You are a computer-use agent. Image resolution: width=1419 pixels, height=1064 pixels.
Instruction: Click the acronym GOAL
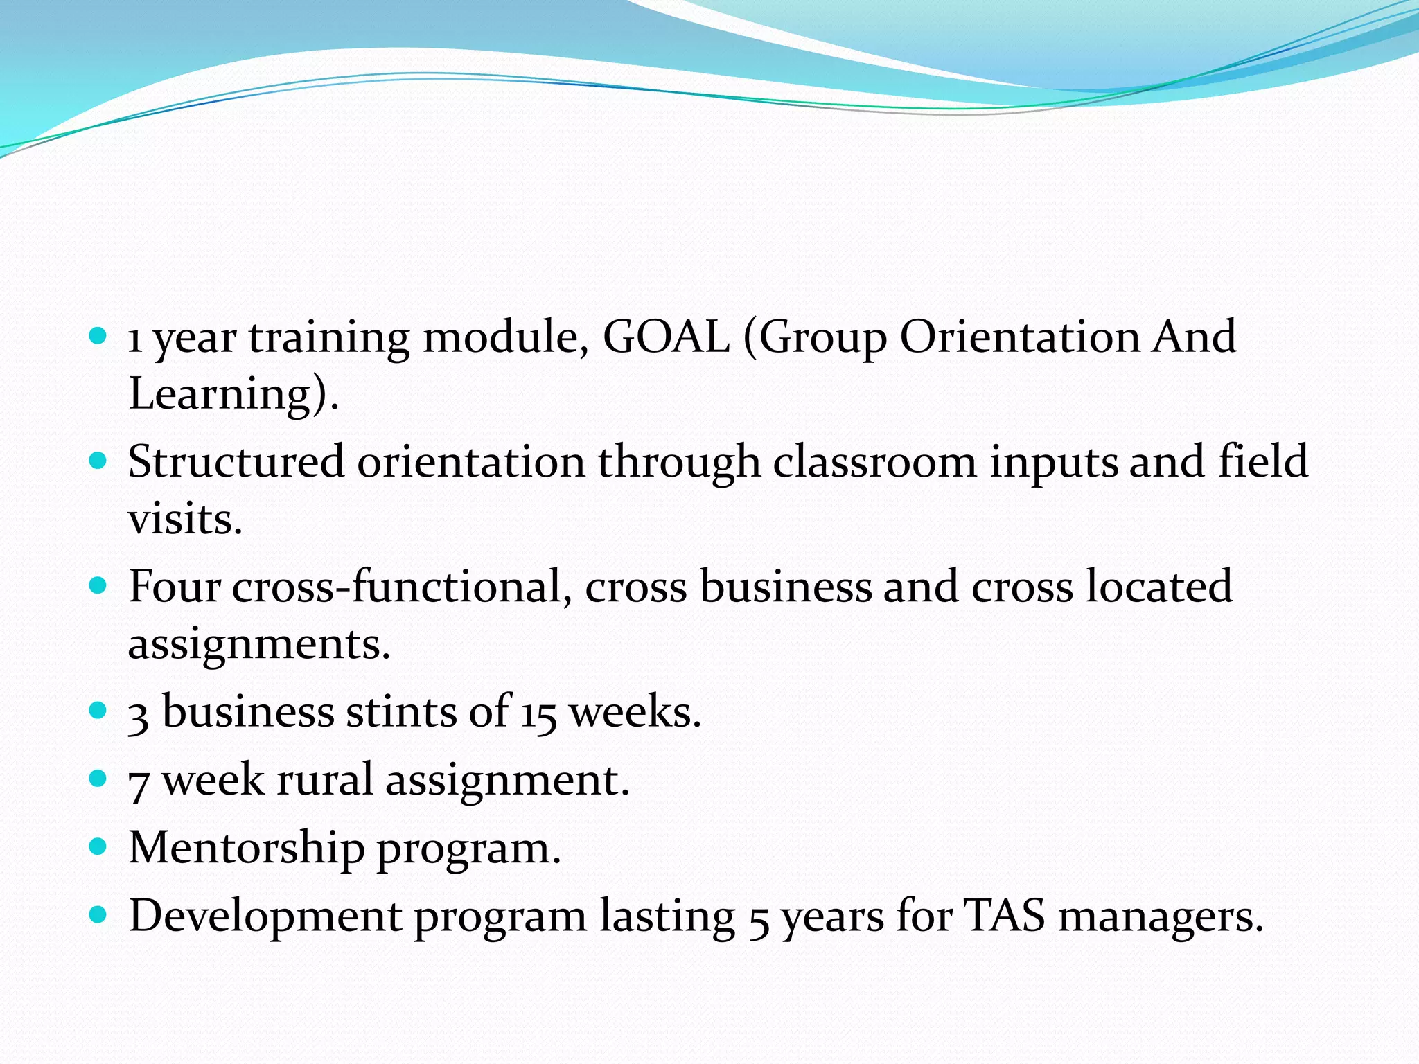pos(666,337)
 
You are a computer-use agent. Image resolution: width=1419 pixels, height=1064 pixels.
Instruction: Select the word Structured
pos(236,462)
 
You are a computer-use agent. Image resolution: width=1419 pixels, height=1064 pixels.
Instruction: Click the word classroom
pos(874,462)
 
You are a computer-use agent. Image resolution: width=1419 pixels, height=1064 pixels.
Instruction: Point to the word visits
pos(185,519)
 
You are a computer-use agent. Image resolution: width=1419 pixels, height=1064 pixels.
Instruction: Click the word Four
pos(175,587)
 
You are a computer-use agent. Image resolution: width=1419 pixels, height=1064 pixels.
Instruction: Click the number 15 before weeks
pos(538,713)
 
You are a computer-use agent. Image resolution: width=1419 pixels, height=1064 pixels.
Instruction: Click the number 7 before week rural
pos(139,783)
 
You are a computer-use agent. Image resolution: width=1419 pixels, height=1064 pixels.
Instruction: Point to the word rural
pos(324,780)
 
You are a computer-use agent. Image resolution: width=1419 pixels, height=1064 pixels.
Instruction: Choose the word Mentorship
pos(247,848)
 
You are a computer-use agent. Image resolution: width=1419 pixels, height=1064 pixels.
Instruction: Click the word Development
pos(265,916)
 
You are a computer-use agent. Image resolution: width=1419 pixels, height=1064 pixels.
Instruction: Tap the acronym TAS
pos(1005,916)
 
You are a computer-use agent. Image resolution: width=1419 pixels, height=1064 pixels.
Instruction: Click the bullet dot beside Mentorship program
pos(98,846)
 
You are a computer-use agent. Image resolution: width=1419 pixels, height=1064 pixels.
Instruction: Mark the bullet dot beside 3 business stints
pos(98,710)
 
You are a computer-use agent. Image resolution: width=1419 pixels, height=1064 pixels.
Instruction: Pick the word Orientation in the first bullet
pos(1020,337)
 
